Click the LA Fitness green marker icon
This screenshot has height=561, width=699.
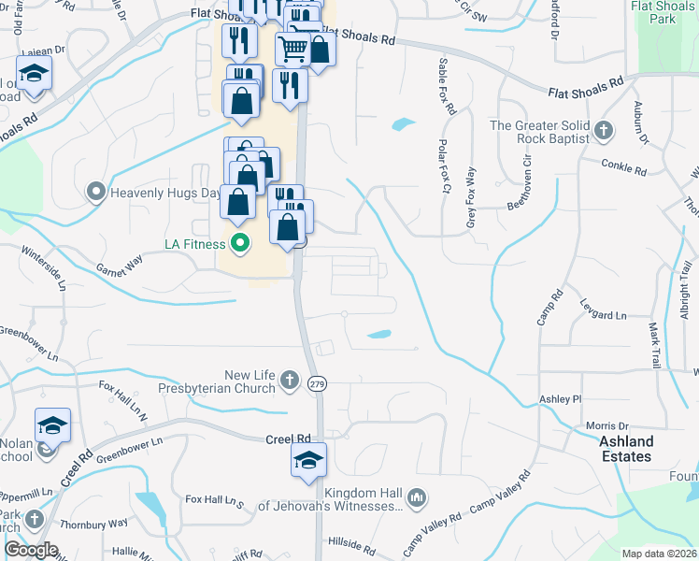click(240, 245)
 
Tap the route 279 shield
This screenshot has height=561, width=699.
click(318, 383)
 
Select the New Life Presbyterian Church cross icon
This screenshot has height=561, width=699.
click(290, 381)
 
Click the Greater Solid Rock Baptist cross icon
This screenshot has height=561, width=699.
click(604, 131)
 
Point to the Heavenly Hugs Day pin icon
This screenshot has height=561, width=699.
click(96, 194)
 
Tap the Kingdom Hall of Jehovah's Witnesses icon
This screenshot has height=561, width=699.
click(417, 498)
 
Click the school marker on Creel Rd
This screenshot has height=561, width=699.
click(308, 459)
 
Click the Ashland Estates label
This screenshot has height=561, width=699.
click(626, 449)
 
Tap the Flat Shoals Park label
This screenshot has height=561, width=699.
click(664, 12)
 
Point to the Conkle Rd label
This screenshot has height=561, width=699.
click(626, 171)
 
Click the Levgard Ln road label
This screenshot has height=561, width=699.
click(603, 316)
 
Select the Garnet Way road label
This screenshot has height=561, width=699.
click(121, 265)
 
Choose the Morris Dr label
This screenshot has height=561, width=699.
click(607, 425)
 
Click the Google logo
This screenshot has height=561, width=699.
click(31, 551)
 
